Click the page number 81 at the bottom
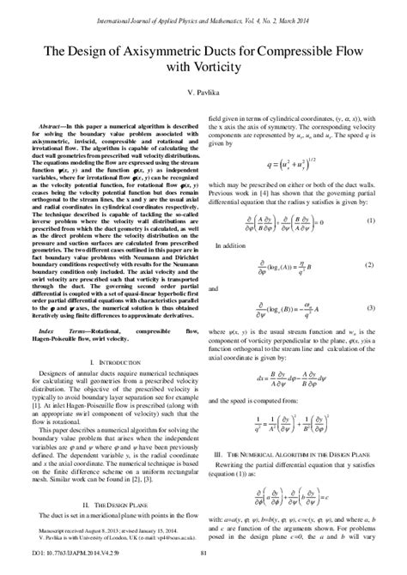tap(203, 562)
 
